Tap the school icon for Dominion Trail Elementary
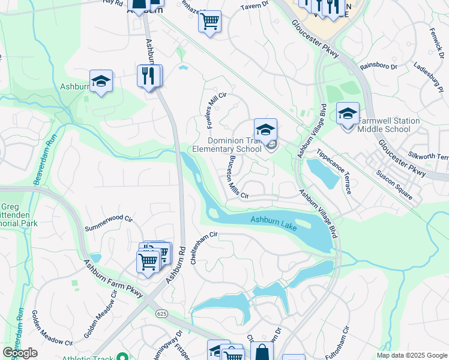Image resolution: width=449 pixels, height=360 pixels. (265, 129)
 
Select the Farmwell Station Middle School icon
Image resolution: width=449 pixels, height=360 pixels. (348, 114)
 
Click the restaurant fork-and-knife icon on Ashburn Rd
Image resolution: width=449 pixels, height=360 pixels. (149, 76)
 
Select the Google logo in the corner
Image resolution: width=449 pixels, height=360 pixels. (20, 352)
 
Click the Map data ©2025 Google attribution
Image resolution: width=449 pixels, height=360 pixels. (412, 355)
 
